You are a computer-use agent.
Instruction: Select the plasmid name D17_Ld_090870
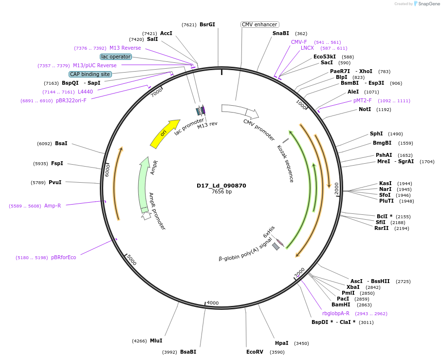click(221, 186)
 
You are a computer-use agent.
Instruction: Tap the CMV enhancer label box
click(259, 24)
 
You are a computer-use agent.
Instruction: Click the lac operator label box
click(116, 57)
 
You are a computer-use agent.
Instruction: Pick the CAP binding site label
click(90, 74)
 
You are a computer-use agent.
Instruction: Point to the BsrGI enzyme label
click(207, 24)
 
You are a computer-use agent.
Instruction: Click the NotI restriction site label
click(365, 109)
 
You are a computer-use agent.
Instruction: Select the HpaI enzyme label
click(281, 343)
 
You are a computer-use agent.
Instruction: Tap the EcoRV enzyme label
click(255, 351)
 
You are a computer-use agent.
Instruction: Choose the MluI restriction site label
click(156, 341)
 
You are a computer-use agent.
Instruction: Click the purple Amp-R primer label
click(53, 206)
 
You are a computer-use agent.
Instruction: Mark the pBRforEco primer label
click(63, 257)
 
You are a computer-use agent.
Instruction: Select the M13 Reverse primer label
click(125, 48)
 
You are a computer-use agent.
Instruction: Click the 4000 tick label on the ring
click(213, 303)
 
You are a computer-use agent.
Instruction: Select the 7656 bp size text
click(221, 192)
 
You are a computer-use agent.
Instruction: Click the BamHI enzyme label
click(341, 304)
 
